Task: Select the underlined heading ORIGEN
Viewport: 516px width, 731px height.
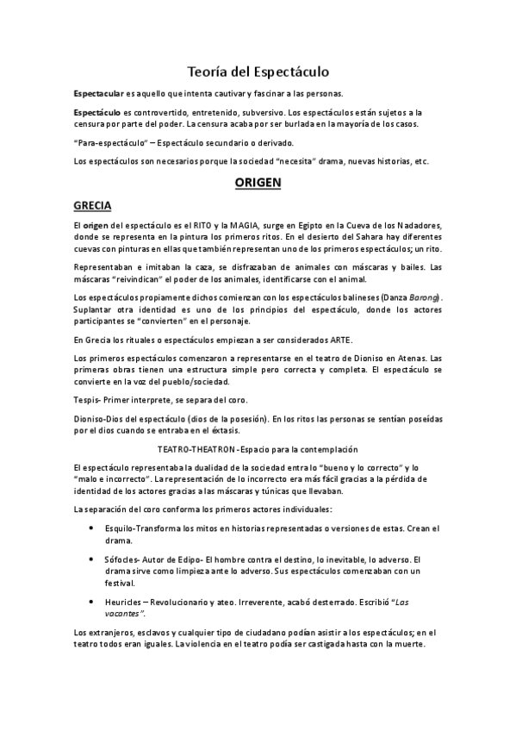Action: click(258, 183)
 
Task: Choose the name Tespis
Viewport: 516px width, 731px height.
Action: click(87, 400)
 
